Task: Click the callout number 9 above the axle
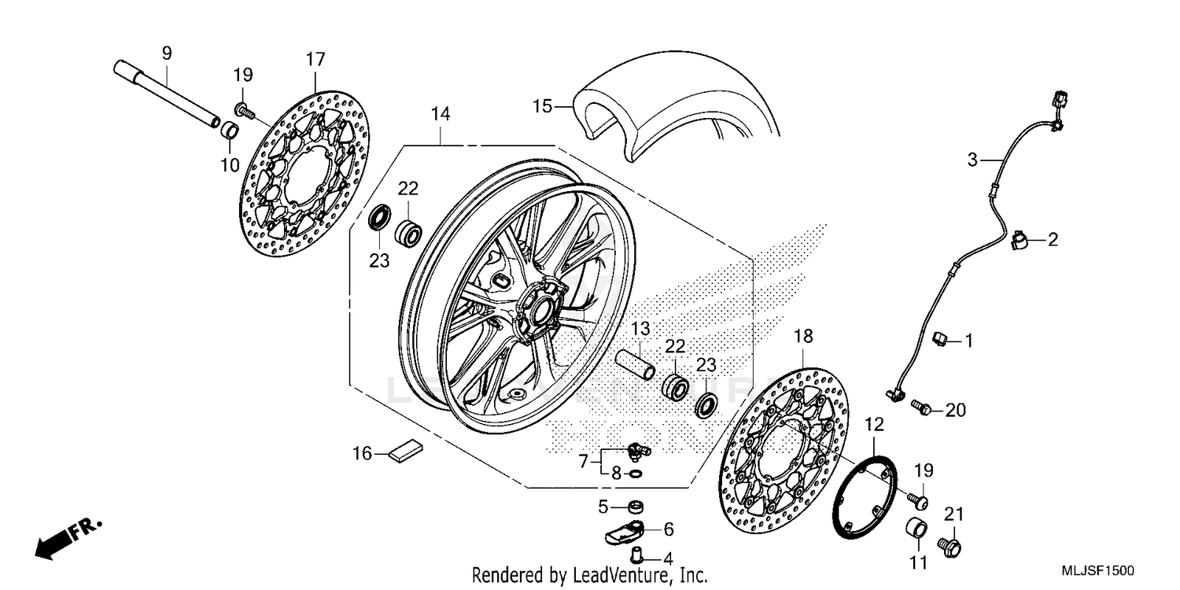166,53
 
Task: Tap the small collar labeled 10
228,131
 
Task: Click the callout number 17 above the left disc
315,59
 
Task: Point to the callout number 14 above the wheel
440,114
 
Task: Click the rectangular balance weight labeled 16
406,451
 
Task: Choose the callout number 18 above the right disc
802,337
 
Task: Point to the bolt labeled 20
921,407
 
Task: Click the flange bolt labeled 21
950,543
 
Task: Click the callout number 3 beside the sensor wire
973,160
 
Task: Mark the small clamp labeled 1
938,339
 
